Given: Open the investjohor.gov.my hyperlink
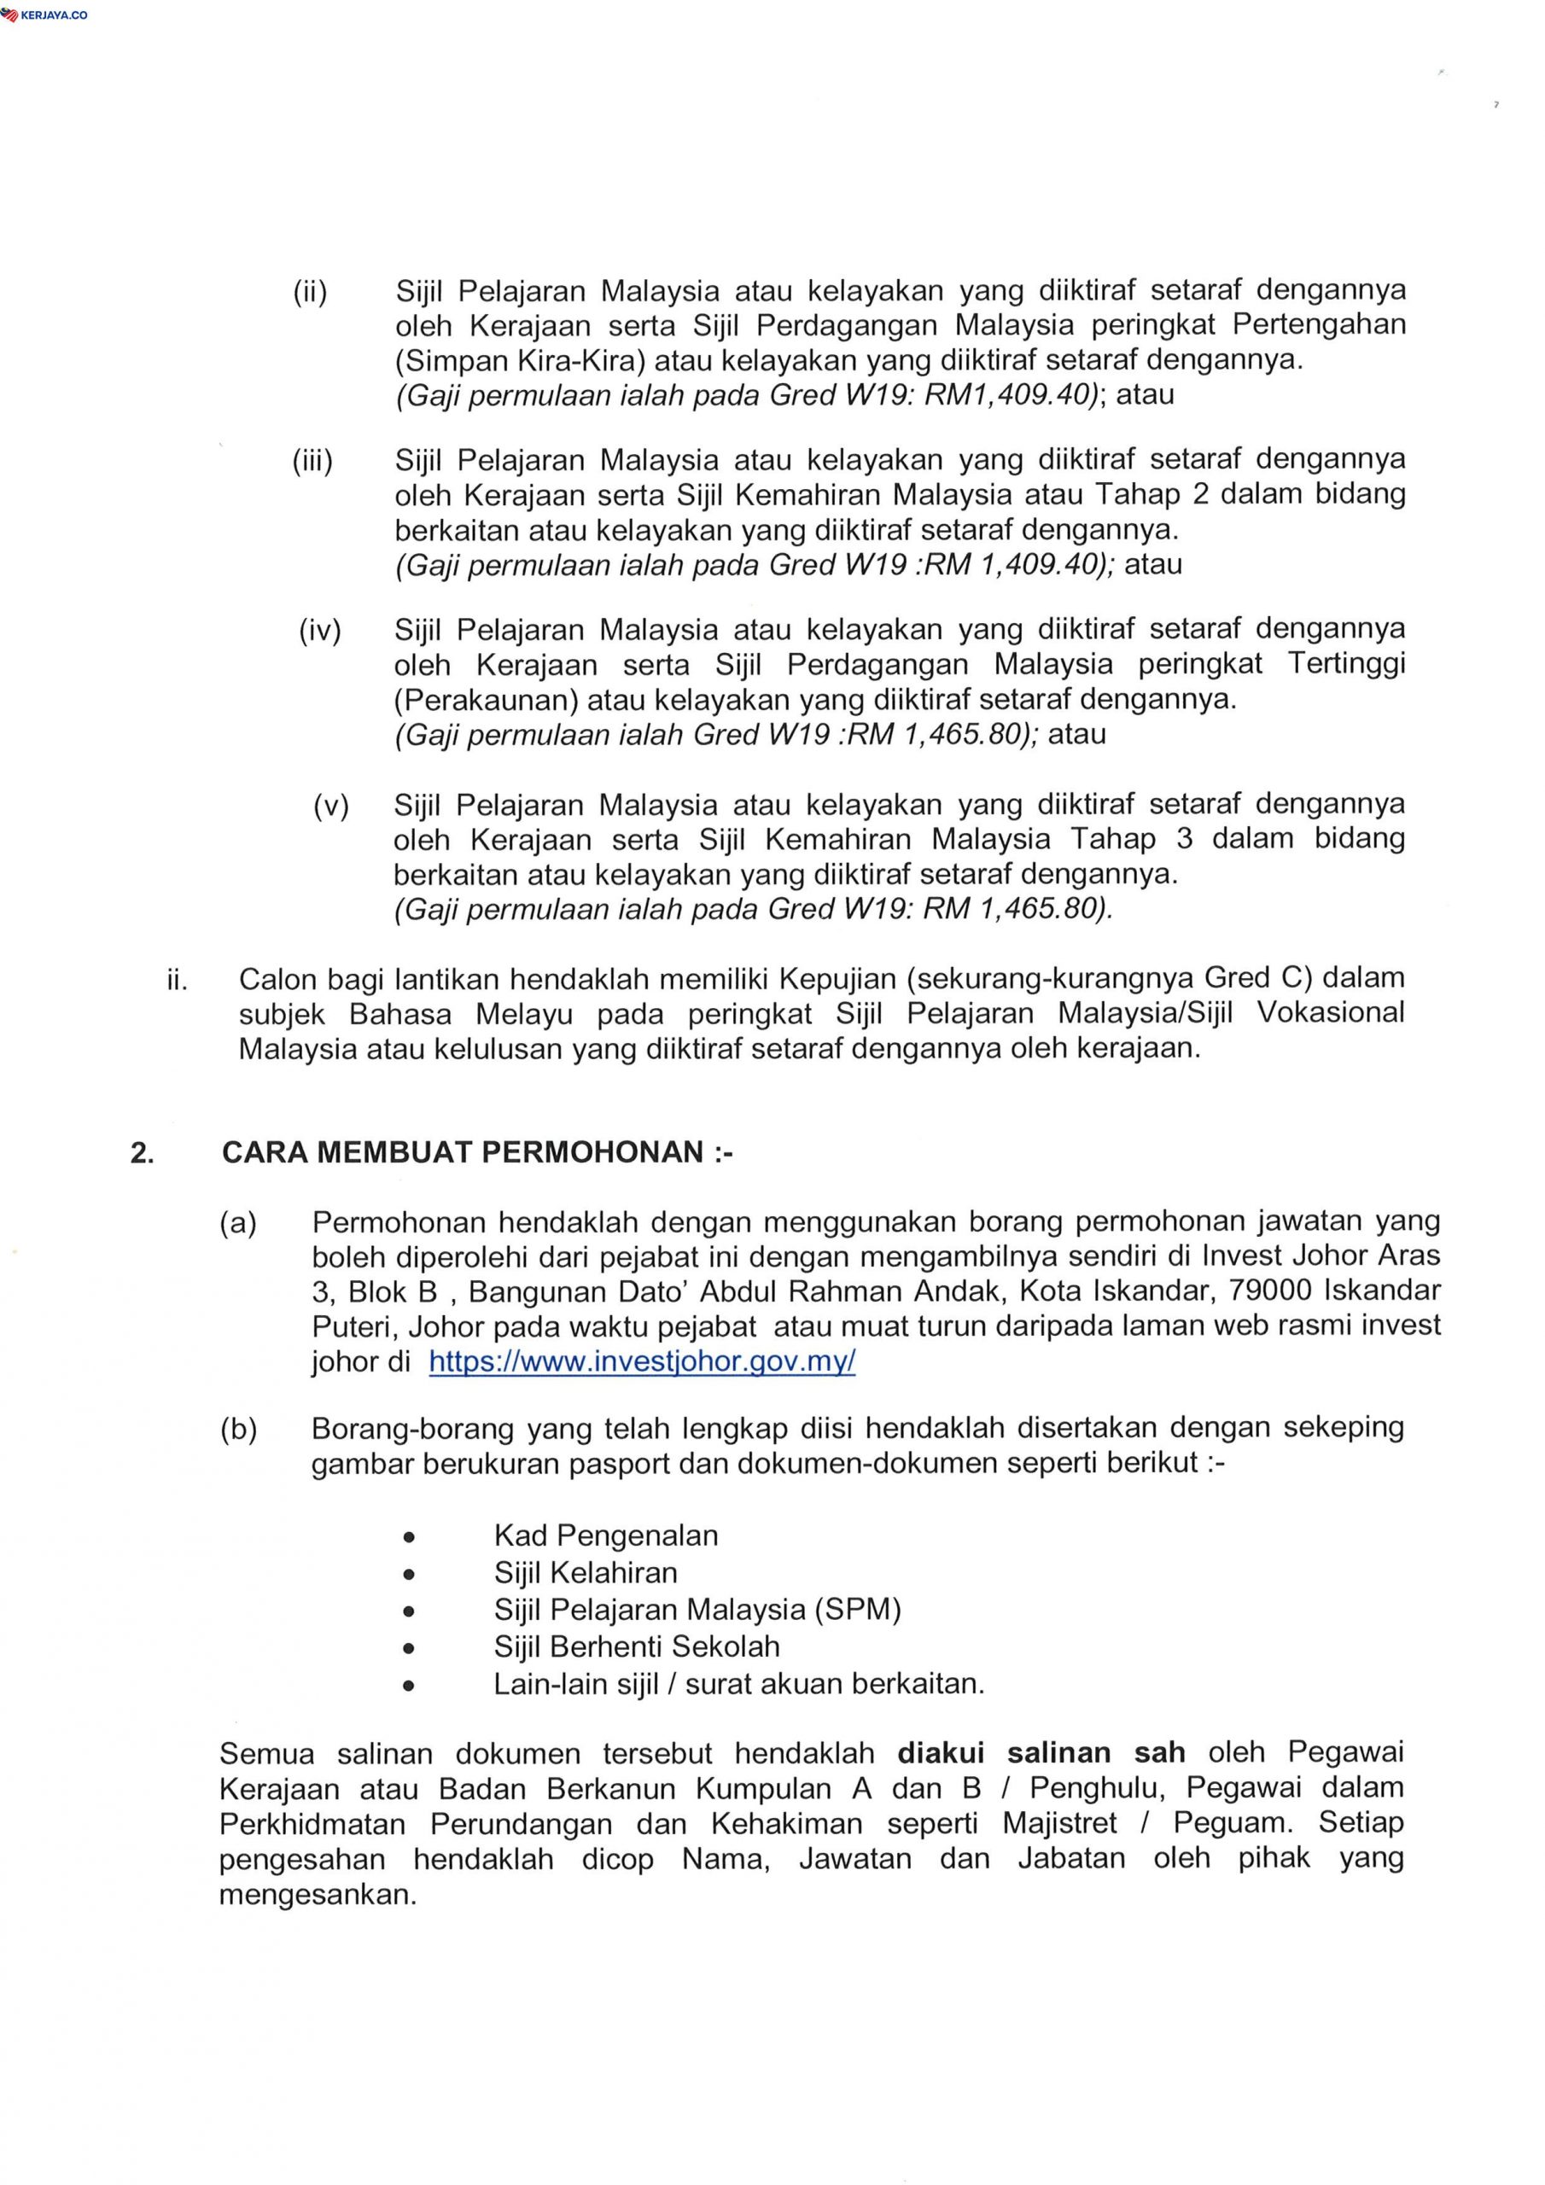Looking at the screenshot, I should pos(642,1362).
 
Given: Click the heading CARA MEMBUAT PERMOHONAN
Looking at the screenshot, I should pos(477,1152).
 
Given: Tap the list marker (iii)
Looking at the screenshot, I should pos(312,463).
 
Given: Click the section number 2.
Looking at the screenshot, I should pos(142,1153).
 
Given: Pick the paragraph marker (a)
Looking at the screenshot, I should pos(238,1223).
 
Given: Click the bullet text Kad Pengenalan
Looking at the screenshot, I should pos(605,1535).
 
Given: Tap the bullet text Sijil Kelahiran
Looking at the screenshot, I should pos(586,1572).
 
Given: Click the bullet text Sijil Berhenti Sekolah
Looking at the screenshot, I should pos(636,1646).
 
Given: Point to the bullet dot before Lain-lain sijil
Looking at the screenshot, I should pos(408,1687).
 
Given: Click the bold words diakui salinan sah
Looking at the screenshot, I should pos(1041,1753).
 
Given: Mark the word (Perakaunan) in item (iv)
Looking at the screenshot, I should pos(486,701).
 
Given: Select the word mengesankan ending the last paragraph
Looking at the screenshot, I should pos(317,1895).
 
